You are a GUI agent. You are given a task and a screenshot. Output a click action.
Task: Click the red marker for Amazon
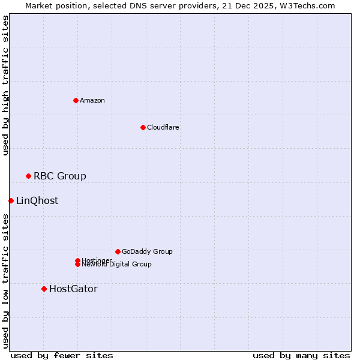pos(76,100)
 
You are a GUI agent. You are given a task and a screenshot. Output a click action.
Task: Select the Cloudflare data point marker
pos(143,127)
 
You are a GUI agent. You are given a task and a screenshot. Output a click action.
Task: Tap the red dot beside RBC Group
pos(28,176)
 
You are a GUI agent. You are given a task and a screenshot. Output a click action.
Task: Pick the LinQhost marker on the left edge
pos(11,200)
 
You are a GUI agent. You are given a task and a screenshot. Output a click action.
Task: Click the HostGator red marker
pos(44,289)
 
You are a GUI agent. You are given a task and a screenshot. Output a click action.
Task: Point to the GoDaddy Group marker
pos(118,251)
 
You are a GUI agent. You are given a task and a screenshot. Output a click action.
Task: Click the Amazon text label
pos(92,100)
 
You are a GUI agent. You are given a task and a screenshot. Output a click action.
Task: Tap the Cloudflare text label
pos(163,127)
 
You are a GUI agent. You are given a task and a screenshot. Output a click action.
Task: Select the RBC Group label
pos(59,176)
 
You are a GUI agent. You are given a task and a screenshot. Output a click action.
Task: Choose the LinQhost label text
pos(37,200)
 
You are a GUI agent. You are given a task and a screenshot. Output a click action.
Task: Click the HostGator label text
pos(73,289)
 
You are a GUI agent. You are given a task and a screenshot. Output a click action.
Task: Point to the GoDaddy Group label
pos(147,251)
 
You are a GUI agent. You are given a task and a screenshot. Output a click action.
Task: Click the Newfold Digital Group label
pos(117,264)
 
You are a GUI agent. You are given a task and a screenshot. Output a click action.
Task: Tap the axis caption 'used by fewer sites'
pos(62,355)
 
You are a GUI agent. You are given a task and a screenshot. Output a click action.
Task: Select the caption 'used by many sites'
pos(301,355)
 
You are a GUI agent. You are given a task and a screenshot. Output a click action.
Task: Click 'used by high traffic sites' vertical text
pos(5,85)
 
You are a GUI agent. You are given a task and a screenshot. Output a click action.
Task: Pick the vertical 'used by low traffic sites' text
pos(5,281)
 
